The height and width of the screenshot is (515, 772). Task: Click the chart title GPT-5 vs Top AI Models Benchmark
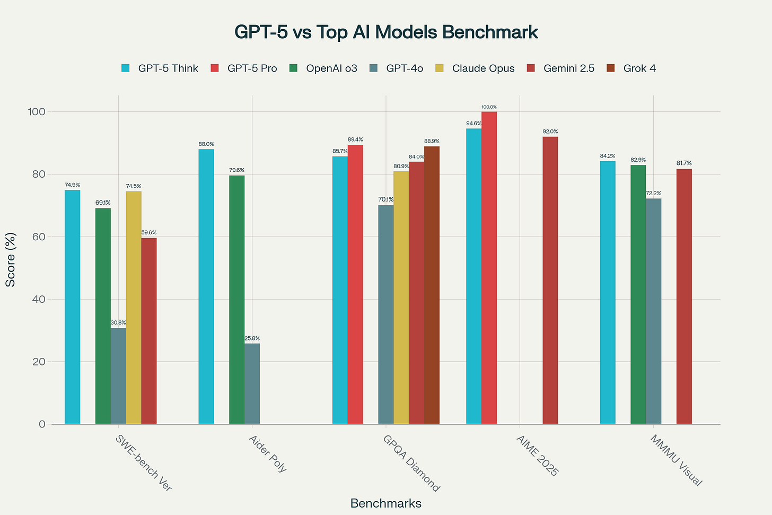pyautogui.click(x=386, y=32)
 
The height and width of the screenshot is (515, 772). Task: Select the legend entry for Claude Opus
pyautogui.click(x=483, y=68)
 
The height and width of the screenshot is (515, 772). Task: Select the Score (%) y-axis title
pyautogui.click(x=11, y=260)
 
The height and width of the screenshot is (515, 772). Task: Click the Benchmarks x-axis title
pyautogui.click(x=386, y=503)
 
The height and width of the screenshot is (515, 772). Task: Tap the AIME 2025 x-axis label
pyautogui.click(x=537, y=456)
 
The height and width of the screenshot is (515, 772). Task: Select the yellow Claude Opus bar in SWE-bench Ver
pyautogui.click(x=134, y=308)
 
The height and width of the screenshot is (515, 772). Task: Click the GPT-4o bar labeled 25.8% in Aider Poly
pyautogui.click(x=252, y=384)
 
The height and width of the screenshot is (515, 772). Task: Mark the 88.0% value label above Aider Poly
pyautogui.click(x=206, y=144)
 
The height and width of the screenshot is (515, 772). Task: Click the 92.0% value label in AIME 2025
pyautogui.click(x=550, y=132)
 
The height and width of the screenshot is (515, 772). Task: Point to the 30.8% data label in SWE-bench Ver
pyautogui.click(x=118, y=322)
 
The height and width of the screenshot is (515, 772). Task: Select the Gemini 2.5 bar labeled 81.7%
pyautogui.click(x=684, y=296)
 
